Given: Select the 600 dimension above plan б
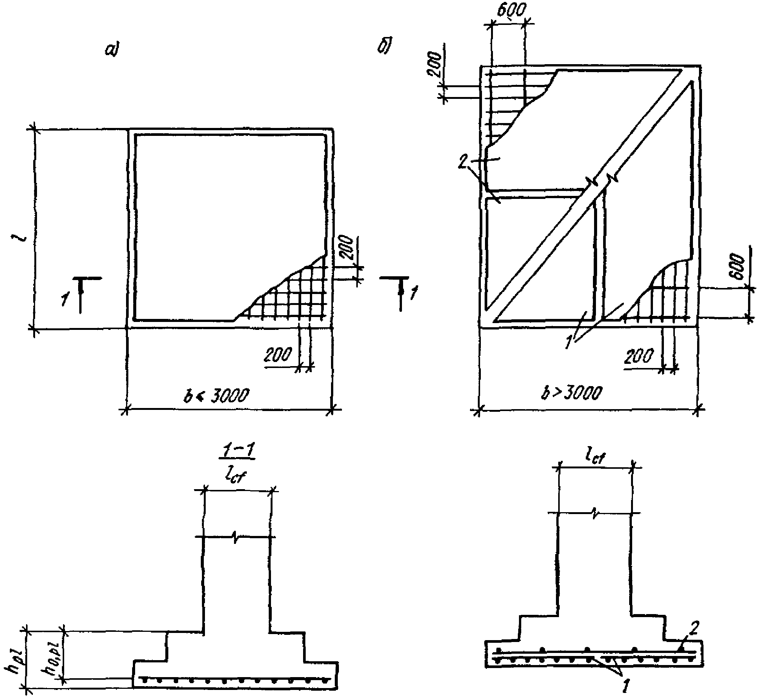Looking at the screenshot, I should tap(511, 11).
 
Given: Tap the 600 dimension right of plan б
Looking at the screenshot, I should tap(738, 268).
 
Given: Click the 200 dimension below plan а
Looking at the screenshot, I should tap(278, 355).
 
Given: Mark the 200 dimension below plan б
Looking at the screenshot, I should tap(639, 356).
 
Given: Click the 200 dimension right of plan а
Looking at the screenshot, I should tap(346, 248).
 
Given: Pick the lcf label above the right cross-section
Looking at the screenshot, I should tap(595, 457).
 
